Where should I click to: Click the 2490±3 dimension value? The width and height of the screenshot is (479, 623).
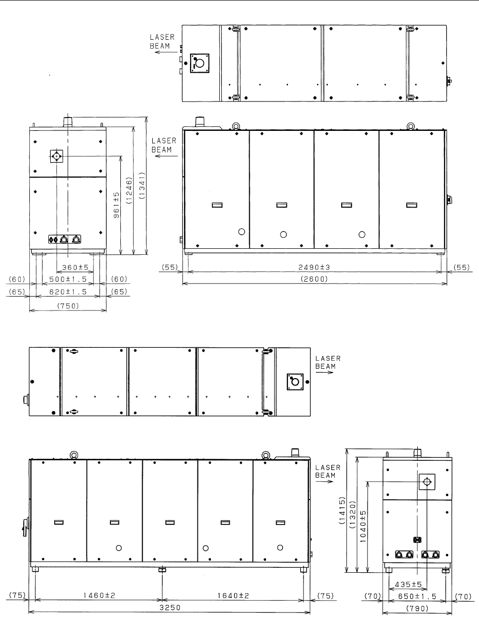pyautogui.click(x=314, y=267)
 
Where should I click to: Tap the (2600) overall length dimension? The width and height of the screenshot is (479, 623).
pyautogui.click(x=314, y=279)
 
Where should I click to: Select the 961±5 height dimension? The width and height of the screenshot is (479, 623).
pyautogui.click(x=116, y=205)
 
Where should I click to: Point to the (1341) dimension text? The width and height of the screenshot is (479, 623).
pyautogui.click(x=142, y=186)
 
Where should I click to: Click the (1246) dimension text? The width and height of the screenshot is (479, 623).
pyautogui.click(x=129, y=191)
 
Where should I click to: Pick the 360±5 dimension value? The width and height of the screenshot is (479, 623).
pyautogui.click(x=75, y=268)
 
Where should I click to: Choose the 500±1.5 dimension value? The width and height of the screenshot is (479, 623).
pyautogui.click(x=68, y=279)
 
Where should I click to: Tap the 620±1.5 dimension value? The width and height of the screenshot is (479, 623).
pyautogui.click(x=68, y=292)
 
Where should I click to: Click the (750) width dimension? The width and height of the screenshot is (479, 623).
pyautogui.click(x=68, y=306)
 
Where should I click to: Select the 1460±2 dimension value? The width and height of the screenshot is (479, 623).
pyautogui.click(x=99, y=596)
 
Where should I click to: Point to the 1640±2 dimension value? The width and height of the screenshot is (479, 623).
pyautogui.click(x=233, y=596)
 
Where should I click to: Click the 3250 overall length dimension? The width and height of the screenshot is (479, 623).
pyautogui.click(x=170, y=608)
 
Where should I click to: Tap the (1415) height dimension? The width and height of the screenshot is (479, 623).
pyautogui.click(x=342, y=511)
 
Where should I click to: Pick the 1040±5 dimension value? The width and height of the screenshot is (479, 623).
pyautogui.click(x=363, y=526)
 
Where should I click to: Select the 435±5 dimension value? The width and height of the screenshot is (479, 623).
pyautogui.click(x=408, y=584)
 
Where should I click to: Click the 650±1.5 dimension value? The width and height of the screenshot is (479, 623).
pyautogui.click(x=417, y=596)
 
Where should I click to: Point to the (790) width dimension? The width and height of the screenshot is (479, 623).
pyautogui.click(x=417, y=609)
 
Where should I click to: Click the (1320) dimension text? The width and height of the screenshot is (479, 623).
pyautogui.click(x=352, y=515)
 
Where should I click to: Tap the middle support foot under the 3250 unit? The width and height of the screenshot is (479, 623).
pyautogui.click(x=162, y=569)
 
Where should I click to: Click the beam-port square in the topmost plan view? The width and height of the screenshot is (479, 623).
pyautogui.click(x=199, y=63)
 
